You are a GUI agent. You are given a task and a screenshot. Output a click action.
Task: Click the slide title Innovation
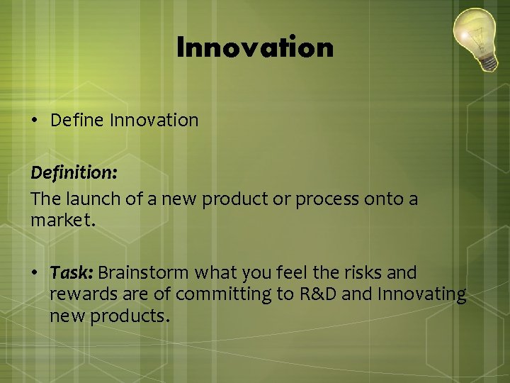(x=254, y=48)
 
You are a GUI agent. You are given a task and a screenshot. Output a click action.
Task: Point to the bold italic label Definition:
(x=74, y=172)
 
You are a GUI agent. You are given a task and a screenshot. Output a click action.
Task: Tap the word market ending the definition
(x=62, y=221)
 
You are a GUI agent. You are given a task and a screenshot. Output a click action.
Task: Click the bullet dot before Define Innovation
(x=35, y=121)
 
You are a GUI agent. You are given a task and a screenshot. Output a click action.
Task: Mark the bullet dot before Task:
(x=35, y=273)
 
